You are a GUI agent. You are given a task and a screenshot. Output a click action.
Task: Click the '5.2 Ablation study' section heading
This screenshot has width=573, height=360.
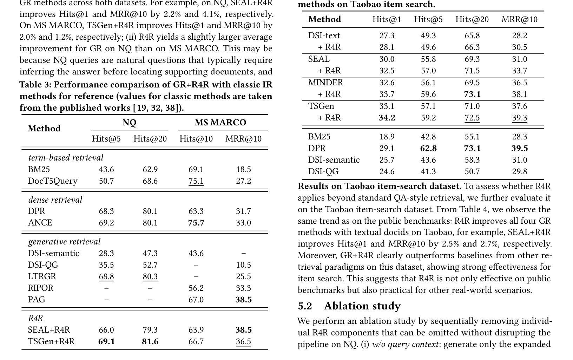coord(349,306)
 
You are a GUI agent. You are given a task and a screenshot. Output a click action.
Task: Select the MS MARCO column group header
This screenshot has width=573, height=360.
coord(220,123)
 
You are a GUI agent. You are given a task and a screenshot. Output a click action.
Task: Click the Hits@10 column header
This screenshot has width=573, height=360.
coord(196,139)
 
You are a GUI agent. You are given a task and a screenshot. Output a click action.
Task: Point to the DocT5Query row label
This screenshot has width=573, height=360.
coord(53,181)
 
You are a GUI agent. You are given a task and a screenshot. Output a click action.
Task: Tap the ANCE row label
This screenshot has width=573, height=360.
coord(40,223)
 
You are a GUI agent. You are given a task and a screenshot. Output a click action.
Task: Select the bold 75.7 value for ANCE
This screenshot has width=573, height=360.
coord(196,223)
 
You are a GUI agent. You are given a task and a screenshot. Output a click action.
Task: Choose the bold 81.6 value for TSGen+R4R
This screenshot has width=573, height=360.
coord(150,341)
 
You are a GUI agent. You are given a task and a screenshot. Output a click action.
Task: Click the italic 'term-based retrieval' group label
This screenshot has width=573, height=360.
coord(66,158)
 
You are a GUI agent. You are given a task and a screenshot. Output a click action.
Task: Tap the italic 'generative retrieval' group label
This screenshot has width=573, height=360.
coord(64,242)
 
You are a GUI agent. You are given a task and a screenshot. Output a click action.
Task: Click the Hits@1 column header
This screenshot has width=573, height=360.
coord(387,19)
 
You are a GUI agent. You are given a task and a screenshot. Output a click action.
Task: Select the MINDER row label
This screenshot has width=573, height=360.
coord(325,83)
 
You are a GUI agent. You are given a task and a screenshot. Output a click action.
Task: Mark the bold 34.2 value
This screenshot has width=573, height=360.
coord(387,118)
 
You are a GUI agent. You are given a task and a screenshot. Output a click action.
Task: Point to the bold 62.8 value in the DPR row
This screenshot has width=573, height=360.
coord(428,148)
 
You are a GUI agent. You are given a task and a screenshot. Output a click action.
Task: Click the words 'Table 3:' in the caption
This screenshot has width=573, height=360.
coord(35,85)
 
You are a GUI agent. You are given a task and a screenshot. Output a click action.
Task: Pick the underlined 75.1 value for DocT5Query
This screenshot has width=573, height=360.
coord(196,181)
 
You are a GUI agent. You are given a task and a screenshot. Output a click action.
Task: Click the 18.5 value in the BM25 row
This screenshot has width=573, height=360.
coord(243,169)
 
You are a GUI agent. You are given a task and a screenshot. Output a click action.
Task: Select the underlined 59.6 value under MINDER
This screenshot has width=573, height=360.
coord(428,94)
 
